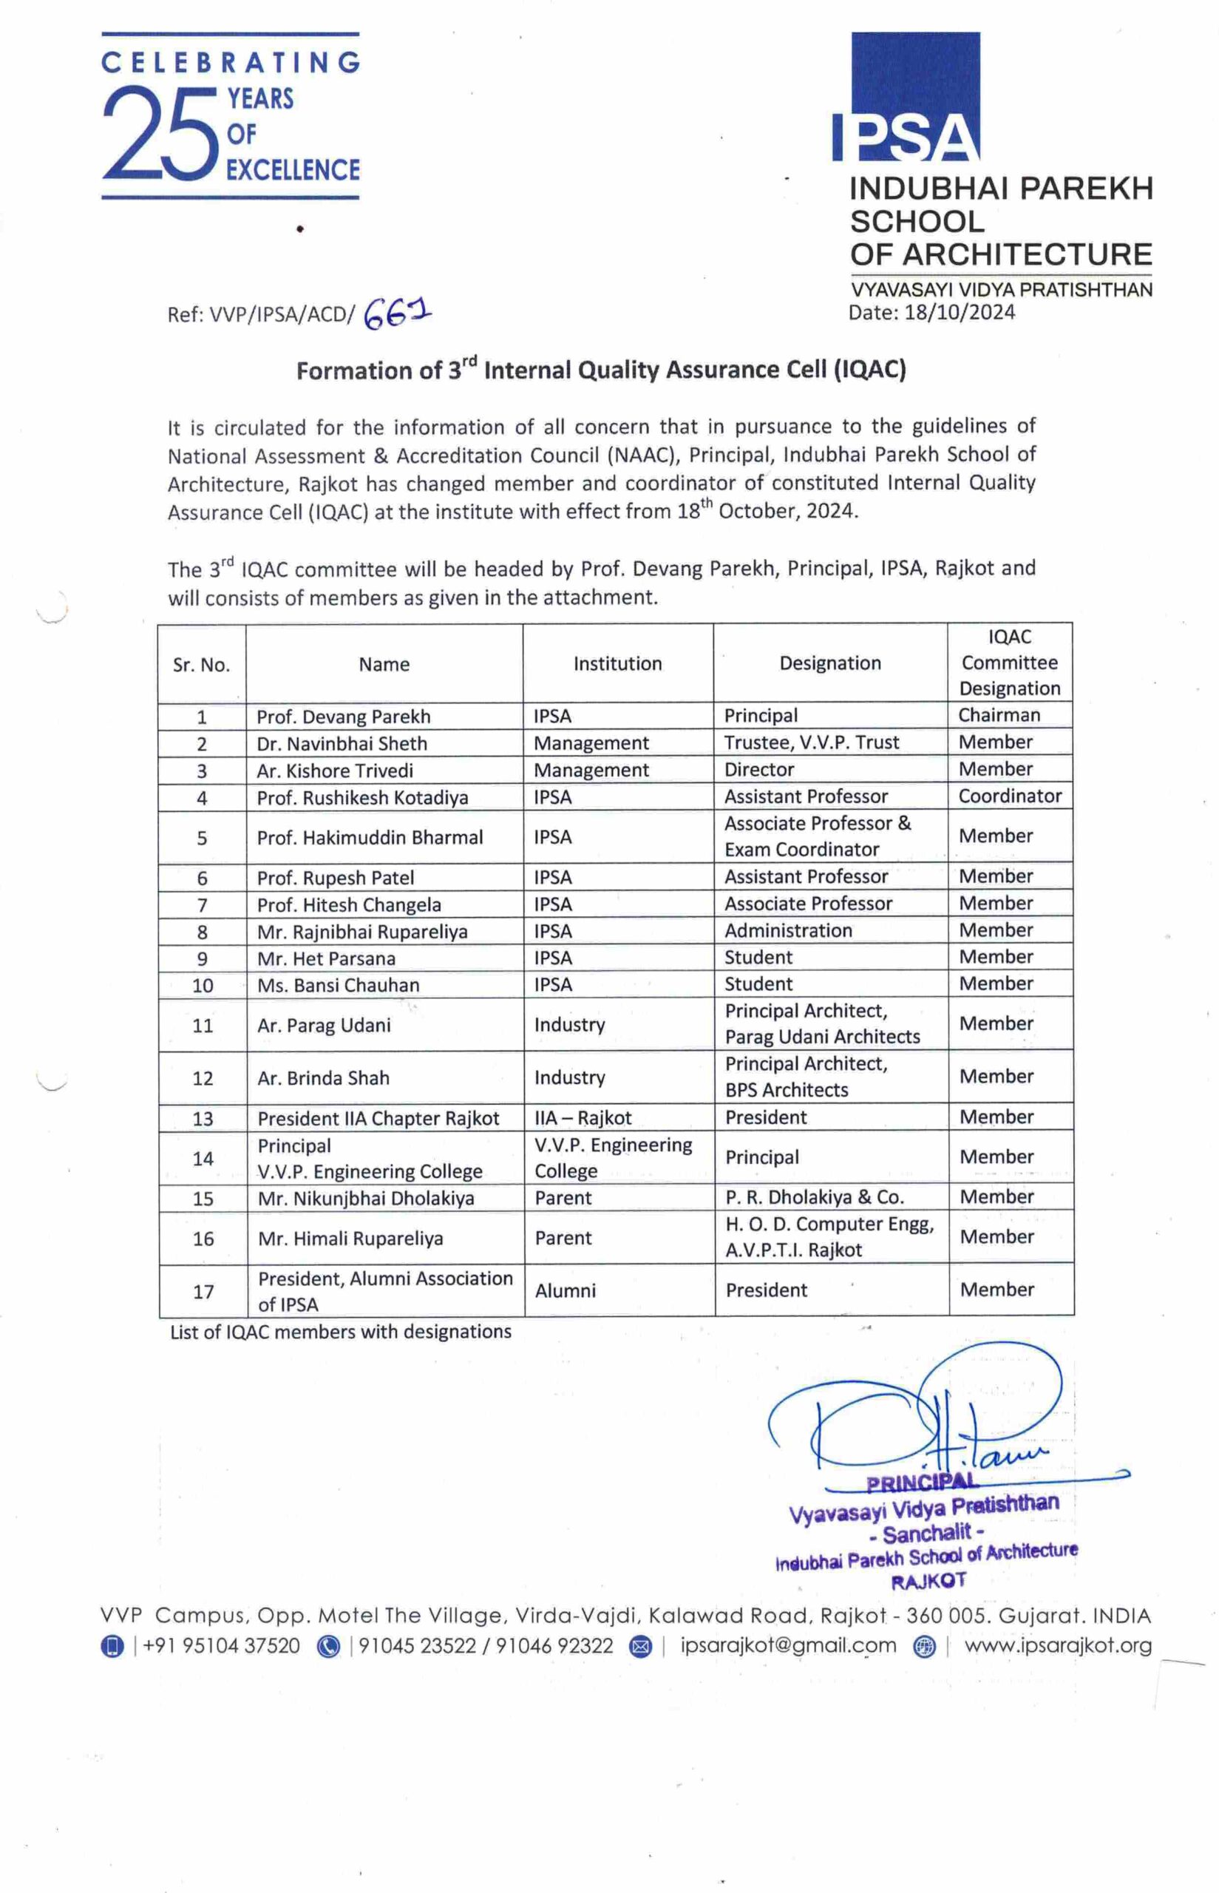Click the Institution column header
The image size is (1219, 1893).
(617, 663)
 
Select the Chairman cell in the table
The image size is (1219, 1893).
(999, 715)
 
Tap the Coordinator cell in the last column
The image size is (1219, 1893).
(1010, 796)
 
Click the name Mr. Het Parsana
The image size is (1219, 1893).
(326, 959)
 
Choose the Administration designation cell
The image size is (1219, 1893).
(788, 930)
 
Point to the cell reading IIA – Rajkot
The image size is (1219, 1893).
(583, 1118)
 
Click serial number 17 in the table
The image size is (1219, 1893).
(203, 1292)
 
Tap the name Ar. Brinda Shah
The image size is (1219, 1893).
(323, 1078)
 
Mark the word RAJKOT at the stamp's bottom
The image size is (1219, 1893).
(928, 1581)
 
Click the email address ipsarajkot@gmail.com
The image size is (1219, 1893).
(788, 1646)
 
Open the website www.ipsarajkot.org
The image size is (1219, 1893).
(1059, 1646)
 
